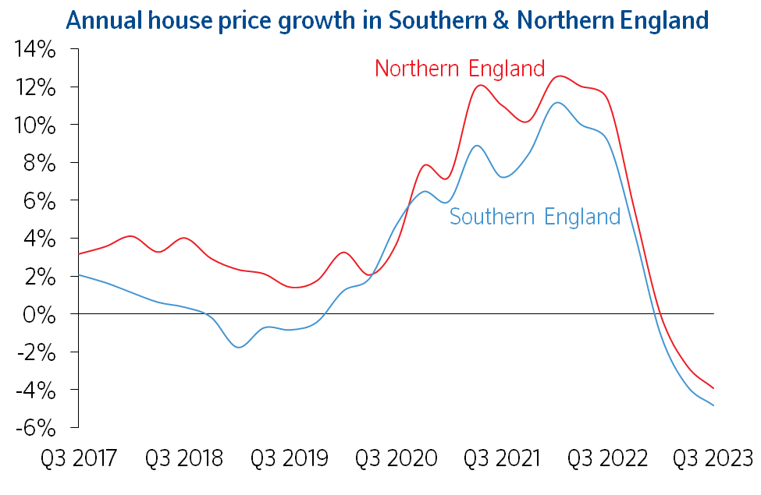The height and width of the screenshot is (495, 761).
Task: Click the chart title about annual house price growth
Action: coord(388,19)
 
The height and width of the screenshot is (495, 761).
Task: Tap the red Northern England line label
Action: coord(459,69)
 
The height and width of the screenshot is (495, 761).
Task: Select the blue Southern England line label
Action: coord(535,216)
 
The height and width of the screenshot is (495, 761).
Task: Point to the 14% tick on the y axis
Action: coord(34,51)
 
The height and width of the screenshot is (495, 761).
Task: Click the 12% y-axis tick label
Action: coord(34,88)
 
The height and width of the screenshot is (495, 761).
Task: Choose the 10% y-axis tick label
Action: coord(34,126)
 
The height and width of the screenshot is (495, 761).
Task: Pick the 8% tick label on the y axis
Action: coord(39,164)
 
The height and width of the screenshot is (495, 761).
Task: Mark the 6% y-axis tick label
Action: coord(39,201)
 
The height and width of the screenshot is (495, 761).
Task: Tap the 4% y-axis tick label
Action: coord(39,239)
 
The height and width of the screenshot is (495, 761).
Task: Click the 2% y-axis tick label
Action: coord(39,277)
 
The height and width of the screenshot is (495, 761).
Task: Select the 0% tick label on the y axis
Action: coord(39,315)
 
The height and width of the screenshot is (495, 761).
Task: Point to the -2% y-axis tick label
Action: coord(35,352)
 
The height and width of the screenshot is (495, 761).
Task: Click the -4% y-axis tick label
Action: coord(35,390)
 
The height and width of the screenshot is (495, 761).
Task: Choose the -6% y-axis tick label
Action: coord(35,428)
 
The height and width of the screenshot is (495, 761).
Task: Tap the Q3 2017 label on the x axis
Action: coord(78,458)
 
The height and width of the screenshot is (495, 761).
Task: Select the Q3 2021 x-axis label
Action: coord(501,458)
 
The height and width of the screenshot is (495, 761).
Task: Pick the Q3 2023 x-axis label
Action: coord(712,458)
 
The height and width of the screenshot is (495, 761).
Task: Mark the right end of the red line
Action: coord(713,388)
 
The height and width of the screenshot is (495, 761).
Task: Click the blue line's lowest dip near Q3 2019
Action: coord(238,347)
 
